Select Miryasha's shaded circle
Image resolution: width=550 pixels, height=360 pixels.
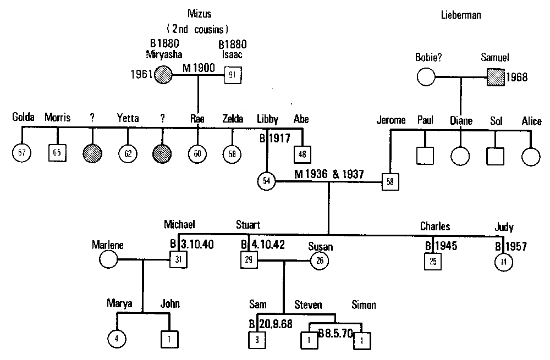pyautogui.click(x=164, y=75)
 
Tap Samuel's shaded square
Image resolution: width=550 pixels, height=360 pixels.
pyautogui.click(x=495, y=77)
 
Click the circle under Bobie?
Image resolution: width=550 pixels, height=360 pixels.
pyautogui.click(x=426, y=77)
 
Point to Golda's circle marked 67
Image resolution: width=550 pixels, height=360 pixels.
pyautogui.click(x=21, y=153)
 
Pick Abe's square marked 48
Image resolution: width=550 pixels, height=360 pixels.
pyautogui.click(x=302, y=154)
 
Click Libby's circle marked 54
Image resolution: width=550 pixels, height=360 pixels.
pyautogui.click(x=267, y=181)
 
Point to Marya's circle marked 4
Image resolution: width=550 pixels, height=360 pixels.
pyautogui.click(x=117, y=340)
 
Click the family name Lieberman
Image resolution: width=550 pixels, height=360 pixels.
pyautogui.click(x=461, y=16)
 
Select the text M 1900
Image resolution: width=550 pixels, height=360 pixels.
pyautogui.click(x=199, y=68)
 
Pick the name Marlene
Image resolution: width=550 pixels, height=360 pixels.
pyautogui.click(x=108, y=245)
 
